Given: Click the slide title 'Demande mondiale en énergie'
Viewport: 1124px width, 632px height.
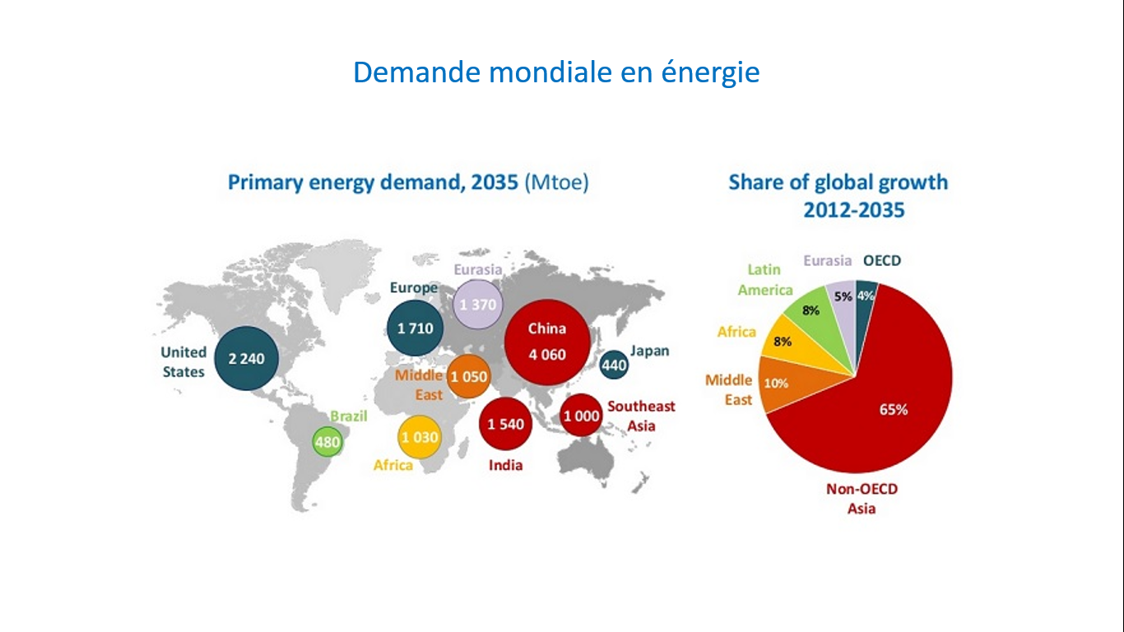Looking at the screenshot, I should click(556, 72).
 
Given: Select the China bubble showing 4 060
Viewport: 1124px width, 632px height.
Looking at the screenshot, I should click(546, 342).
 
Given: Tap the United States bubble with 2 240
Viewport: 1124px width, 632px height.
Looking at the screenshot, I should click(245, 359).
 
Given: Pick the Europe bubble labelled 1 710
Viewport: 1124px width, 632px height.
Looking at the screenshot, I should click(415, 328).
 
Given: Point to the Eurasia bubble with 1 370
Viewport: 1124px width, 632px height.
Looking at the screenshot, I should click(479, 304).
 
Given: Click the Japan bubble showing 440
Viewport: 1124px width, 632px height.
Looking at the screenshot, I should click(614, 364).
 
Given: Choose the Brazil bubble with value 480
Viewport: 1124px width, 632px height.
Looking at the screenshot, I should click(327, 442).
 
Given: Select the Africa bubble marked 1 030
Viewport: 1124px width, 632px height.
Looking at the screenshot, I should click(419, 437).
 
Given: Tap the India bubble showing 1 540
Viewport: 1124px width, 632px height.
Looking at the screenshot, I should click(505, 424).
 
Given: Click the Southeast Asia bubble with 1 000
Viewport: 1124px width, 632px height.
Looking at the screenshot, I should click(581, 416).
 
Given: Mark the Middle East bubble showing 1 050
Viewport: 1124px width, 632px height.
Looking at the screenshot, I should click(467, 377).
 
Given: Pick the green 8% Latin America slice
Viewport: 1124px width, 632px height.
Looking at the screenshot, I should click(810, 311).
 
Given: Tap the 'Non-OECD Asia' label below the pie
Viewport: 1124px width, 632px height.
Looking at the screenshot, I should click(862, 499).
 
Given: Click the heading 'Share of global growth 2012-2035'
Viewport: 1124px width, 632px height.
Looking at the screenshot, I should click(838, 196).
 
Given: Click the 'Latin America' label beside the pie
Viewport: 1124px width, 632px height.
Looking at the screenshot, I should click(764, 280).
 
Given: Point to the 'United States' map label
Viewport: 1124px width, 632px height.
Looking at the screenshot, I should click(183, 362).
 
